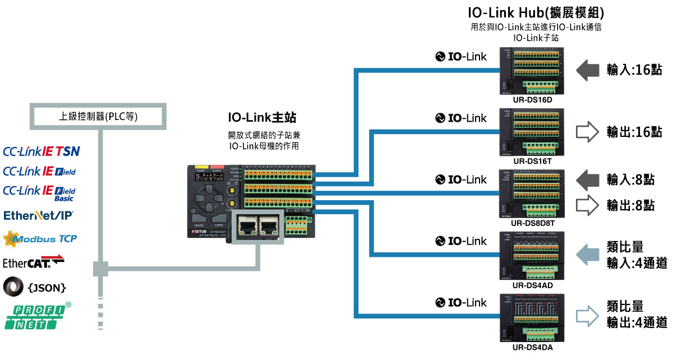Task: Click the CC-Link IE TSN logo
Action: pos(42,151)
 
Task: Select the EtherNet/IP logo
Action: pos(39,215)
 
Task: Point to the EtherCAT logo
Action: pos(34,262)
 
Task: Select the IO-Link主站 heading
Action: pos(262,118)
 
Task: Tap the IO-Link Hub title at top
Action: pos(536,12)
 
